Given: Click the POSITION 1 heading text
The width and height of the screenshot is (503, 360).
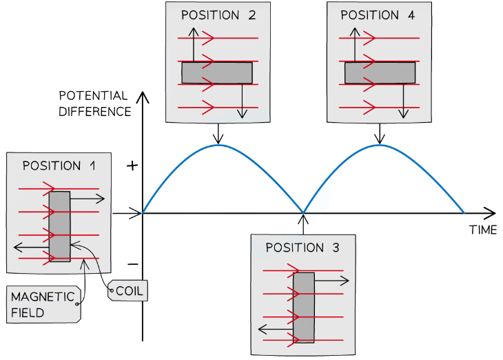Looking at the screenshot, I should [60, 166].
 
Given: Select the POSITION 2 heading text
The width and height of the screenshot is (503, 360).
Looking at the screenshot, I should [218, 15].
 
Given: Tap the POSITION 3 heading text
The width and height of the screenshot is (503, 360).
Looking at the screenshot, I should [302, 248].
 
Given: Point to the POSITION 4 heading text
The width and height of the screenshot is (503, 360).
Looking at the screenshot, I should [378, 15].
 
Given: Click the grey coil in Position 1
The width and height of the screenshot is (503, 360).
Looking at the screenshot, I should [60, 226].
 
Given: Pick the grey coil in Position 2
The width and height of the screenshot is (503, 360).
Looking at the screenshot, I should [217, 72].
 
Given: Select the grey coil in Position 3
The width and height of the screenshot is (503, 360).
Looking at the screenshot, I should [304, 308].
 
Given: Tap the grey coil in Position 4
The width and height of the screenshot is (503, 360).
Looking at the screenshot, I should [380, 72].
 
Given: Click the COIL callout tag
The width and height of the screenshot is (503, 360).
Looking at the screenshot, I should [129, 291].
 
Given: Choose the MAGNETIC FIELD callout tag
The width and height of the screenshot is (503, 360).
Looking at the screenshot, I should [43, 304].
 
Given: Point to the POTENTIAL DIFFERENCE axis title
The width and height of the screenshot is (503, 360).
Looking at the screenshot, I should [94, 103].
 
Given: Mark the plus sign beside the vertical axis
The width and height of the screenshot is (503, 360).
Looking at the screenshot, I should [133, 166].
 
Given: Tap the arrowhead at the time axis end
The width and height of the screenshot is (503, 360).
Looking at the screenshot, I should [491, 213].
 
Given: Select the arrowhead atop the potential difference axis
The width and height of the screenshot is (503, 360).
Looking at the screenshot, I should [143, 96].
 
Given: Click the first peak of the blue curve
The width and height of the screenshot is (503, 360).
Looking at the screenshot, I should [218, 146].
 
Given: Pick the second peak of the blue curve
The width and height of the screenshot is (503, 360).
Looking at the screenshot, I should [380, 146].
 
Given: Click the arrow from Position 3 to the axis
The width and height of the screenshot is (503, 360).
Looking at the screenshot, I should [303, 224].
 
